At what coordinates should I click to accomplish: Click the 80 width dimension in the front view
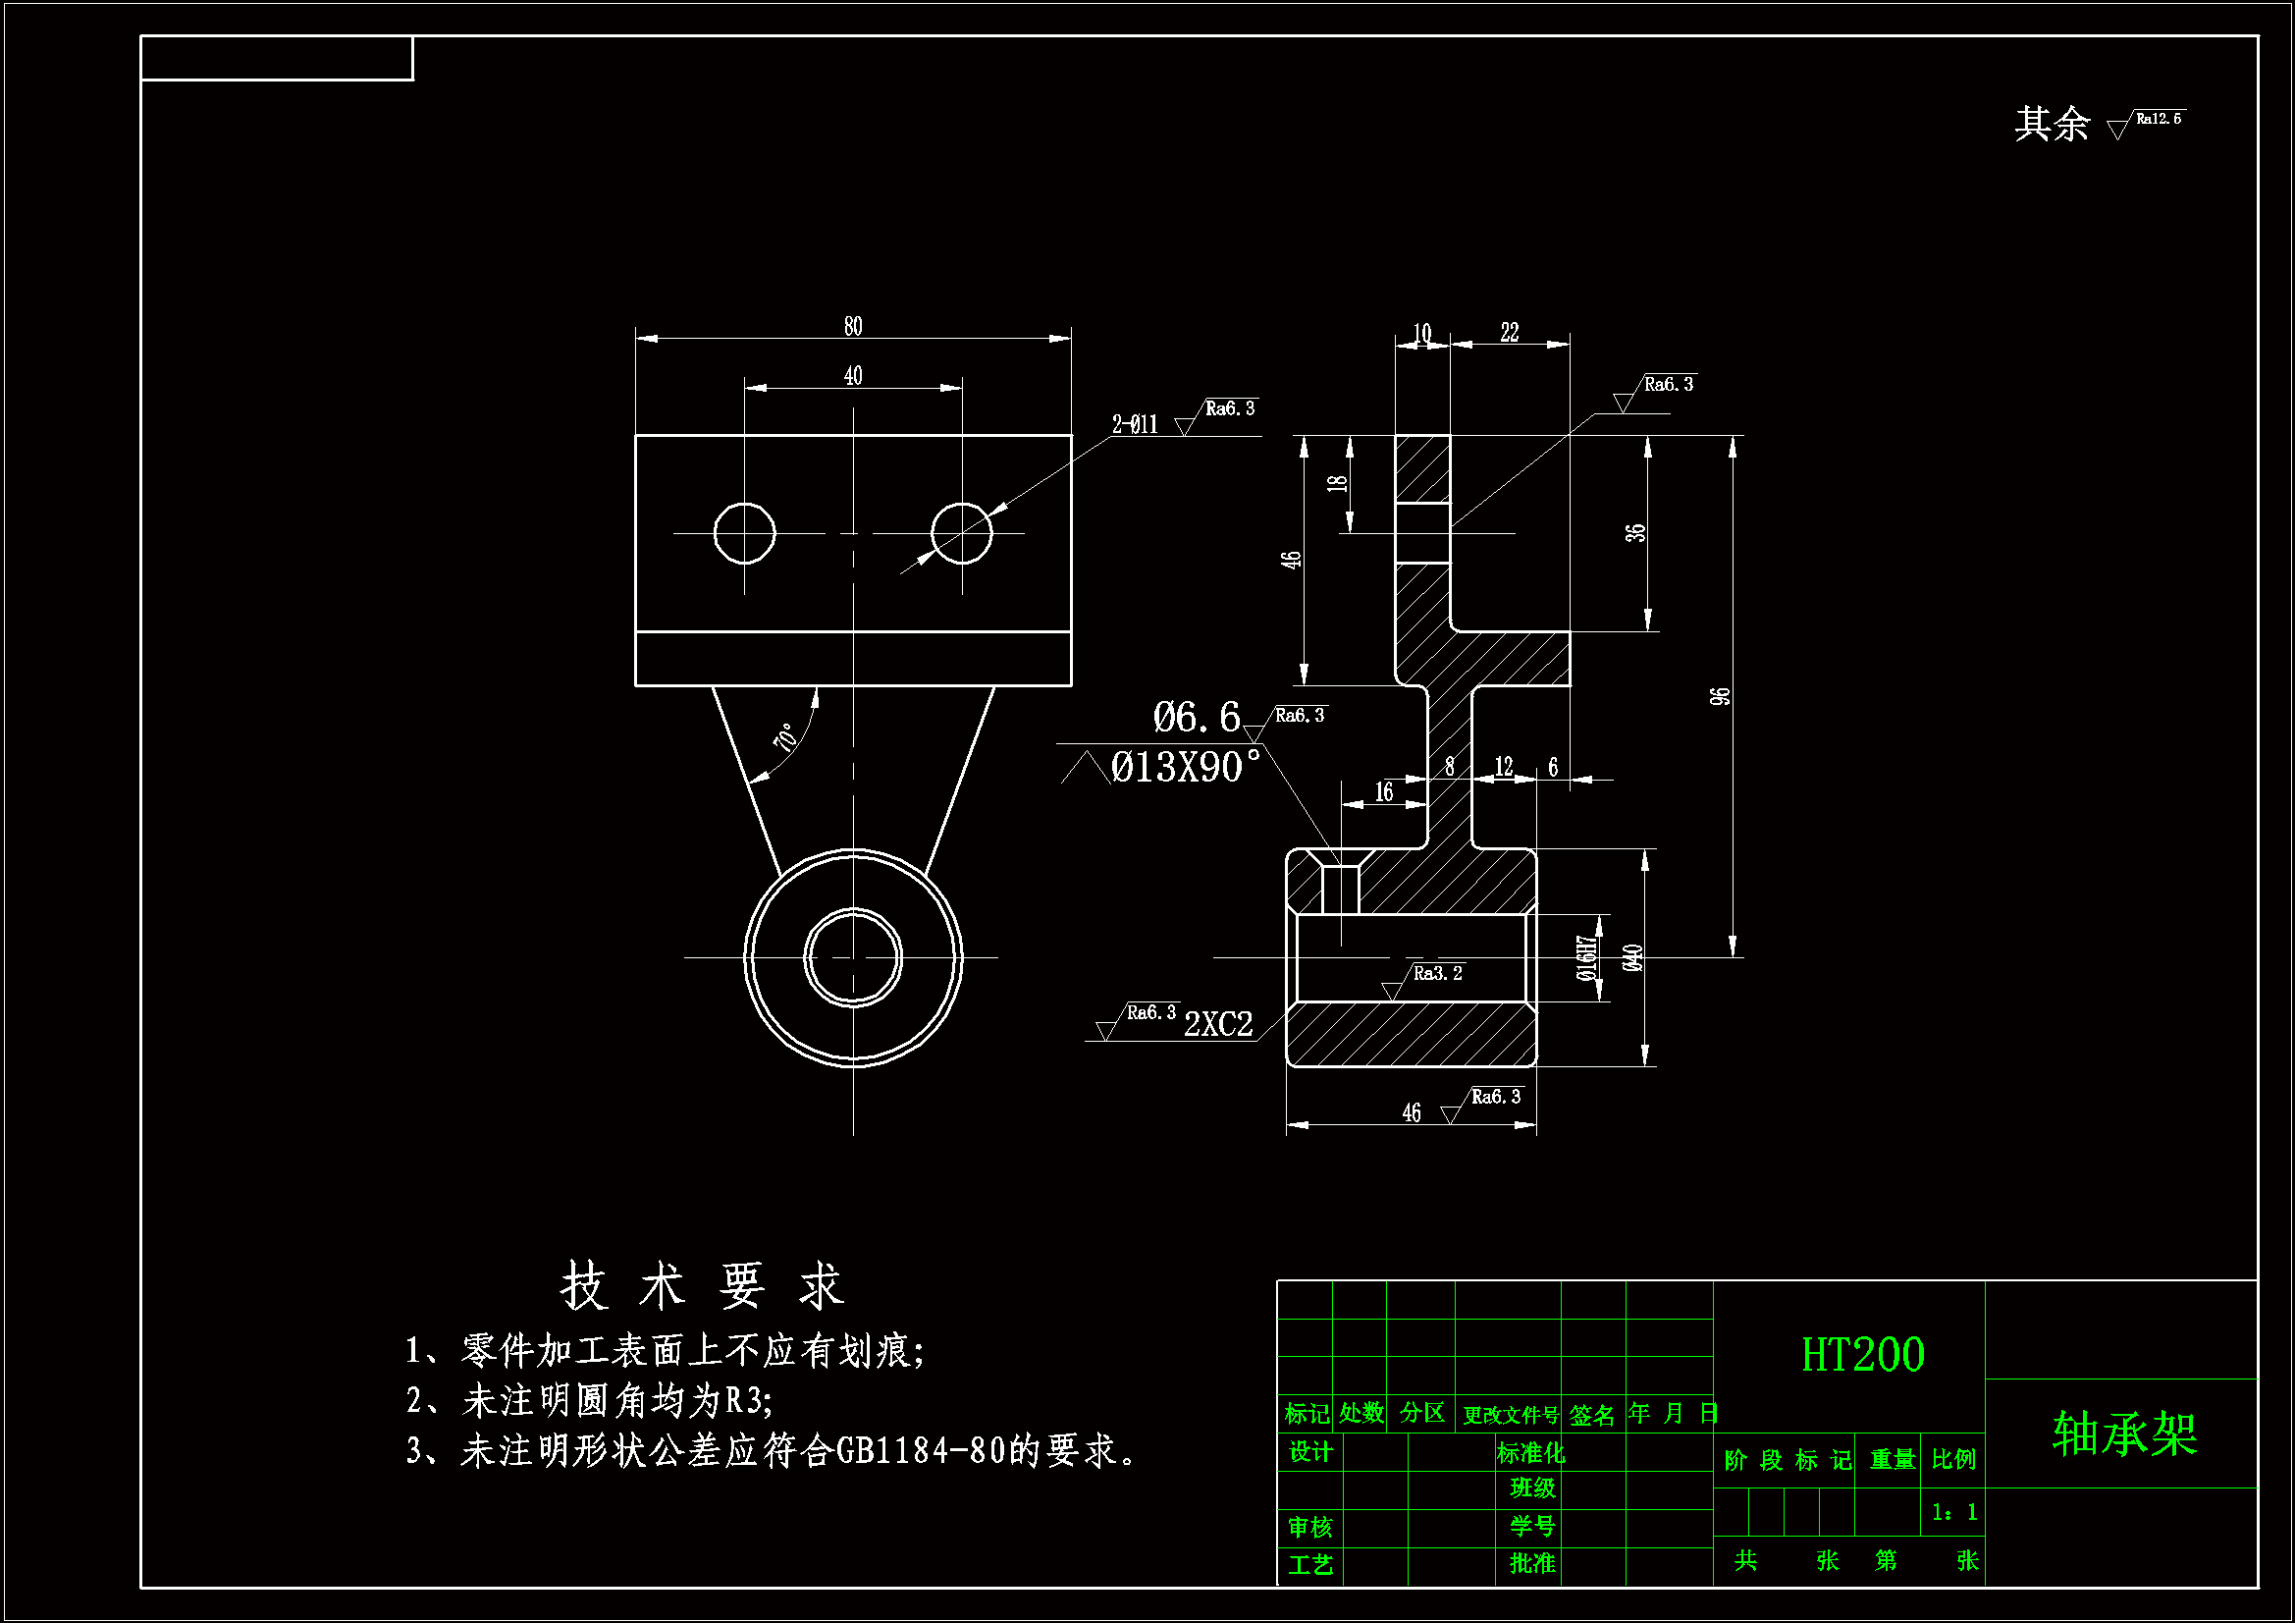(853, 326)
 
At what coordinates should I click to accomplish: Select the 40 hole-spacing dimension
(853, 376)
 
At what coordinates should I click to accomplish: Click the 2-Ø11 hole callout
(1135, 425)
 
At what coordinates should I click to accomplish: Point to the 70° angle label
(786, 737)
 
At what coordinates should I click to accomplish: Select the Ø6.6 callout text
(1196, 717)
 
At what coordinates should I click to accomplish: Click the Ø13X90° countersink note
(1185, 767)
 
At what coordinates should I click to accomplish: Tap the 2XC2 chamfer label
(1218, 1024)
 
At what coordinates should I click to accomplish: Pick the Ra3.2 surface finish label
(1437, 973)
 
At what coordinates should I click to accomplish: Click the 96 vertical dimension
(1720, 696)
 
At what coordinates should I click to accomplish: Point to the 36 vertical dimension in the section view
(1635, 533)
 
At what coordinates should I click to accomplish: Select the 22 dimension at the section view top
(1510, 332)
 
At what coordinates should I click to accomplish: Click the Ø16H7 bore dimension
(1586, 958)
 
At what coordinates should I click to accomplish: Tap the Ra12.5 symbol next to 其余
(2157, 119)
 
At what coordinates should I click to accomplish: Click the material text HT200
(1862, 1355)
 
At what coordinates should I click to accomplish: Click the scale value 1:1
(1954, 1512)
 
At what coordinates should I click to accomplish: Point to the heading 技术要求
(703, 1286)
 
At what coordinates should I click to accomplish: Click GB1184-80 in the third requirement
(920, 1450)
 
